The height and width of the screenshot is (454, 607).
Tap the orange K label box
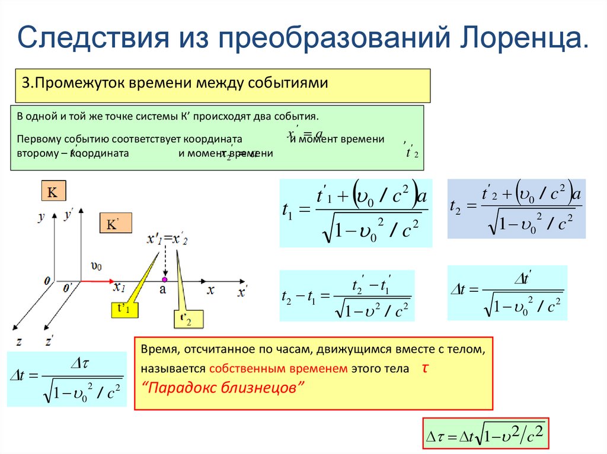(x=52, y=192)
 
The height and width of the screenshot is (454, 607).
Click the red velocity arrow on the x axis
(x=95, y=280)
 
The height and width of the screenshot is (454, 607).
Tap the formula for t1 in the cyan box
(x=356, y=212)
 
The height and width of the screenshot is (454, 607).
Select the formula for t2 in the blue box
(x=516, y=208)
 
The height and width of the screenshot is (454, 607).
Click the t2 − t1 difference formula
(x=346, y=295)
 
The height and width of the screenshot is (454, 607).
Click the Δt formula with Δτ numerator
(x=66, y=378)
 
